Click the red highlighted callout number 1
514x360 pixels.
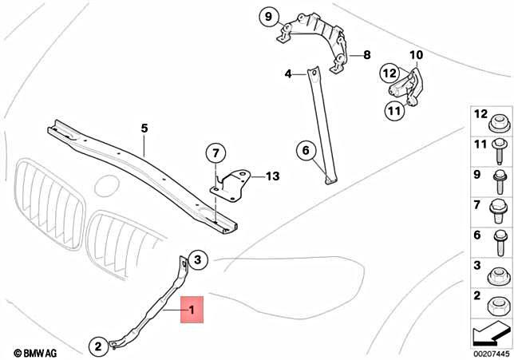click(192, 309)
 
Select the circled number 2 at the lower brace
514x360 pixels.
click(96, 346)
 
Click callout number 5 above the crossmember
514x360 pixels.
click(144, 128)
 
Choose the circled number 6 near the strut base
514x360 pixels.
click(303, 148)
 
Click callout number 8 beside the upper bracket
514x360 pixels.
click(366, 55)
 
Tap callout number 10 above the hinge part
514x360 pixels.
click(415, 55)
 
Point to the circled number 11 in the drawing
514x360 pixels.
click(393, 111)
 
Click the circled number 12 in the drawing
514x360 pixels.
click(388, 72)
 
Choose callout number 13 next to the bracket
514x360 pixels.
click(272, 176)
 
